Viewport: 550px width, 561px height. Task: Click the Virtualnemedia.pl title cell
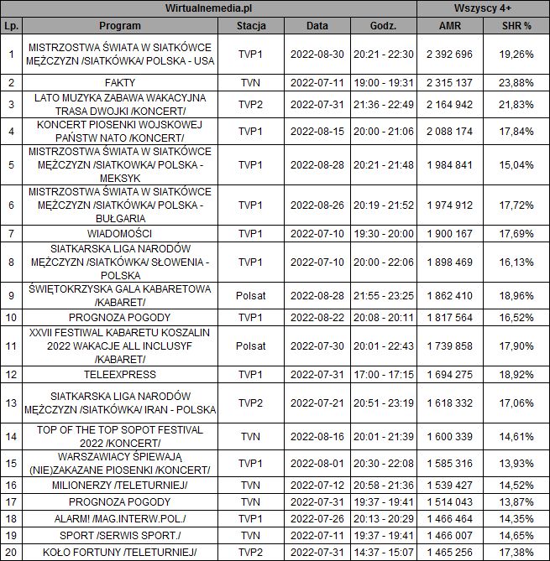tap(209, 8)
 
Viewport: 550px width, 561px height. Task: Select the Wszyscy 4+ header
tap(483, 8)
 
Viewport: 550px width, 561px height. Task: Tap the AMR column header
tap(450, 25)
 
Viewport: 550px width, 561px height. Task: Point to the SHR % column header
tap(516, 25)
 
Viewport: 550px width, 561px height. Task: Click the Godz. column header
tap(383, 25)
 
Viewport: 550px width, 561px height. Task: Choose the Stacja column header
tap(251, 25)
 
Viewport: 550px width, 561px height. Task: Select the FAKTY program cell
tap(120, 83)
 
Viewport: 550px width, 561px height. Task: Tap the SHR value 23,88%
tap(516, 83)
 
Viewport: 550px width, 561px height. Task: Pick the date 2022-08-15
tap(317, 131)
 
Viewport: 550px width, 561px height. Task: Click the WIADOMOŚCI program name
tap(120, 232)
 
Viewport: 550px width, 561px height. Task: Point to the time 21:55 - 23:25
tap(383, 296)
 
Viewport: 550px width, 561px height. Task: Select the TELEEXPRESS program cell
tap(120, 373)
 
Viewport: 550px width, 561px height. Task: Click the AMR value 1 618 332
tap(450, 403)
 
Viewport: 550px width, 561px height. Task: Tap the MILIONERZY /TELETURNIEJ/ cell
tap(120, 486)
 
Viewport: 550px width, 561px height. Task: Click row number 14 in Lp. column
tap(11, 437)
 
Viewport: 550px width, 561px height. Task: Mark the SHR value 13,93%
tap(516, 463)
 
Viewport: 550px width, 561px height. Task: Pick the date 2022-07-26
tap(317, 518)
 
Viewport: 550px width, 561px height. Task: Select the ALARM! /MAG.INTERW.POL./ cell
tap(120, 518)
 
